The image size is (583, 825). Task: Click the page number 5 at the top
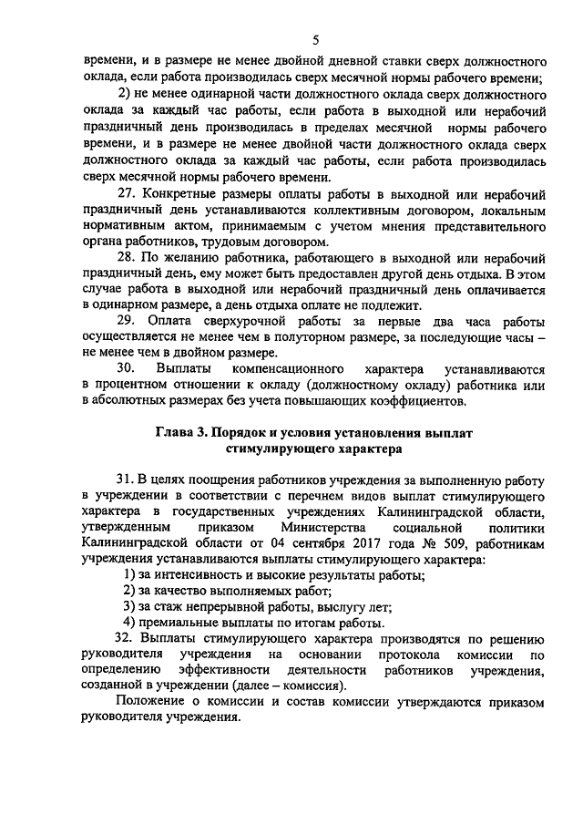(315, 39)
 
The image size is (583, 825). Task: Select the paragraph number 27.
(128, 195)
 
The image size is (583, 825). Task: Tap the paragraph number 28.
(128, 257)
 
